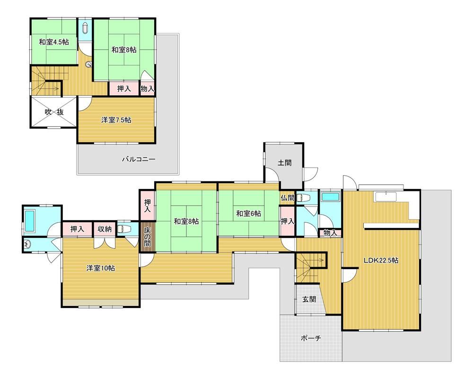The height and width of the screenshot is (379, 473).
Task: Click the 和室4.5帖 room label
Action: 54,42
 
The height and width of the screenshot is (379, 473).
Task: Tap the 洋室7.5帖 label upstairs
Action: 116,120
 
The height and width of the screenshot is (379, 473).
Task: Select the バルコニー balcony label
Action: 139,159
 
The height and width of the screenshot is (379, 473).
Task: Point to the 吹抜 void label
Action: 54,112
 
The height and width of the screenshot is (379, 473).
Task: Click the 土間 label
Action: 284,162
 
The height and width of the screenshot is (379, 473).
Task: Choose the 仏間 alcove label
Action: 287,198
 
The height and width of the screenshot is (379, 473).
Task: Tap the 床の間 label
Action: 148,237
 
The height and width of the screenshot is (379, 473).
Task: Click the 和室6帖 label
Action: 249,213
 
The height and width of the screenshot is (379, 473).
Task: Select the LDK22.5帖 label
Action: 381,260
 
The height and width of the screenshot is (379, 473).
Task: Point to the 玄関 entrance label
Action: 309,299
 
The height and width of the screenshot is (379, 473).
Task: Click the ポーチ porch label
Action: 311,338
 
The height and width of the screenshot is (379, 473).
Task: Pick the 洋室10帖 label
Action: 100,268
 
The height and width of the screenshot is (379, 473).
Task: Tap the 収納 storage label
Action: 105,229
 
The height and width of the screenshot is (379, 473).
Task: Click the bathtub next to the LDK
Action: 330,197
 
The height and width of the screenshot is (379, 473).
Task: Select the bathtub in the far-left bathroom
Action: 29,221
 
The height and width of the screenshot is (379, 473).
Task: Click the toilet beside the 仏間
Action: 304,198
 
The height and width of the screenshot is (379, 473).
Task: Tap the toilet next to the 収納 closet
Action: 123,228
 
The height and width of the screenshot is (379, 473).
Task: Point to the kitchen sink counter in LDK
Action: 386,196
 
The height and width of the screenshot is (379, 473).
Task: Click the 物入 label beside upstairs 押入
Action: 147,89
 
